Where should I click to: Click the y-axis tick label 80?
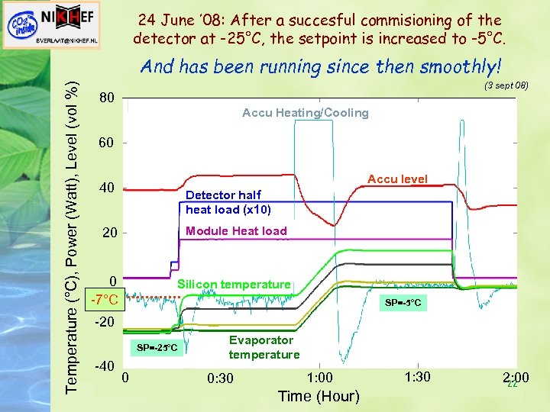coord(108,98)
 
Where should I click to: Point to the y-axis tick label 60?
coord(108,143)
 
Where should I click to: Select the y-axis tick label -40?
coord(105,365)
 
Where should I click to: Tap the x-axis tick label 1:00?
coord(319,378)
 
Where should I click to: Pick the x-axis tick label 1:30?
coord(418,378)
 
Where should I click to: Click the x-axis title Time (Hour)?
coord(319,395)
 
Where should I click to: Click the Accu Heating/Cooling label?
coord(305,113)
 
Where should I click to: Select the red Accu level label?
coord(397,179)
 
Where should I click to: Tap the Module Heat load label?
coord(236,231)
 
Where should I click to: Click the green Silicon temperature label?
coord(234,285)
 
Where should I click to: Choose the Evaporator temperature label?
coord(264,347)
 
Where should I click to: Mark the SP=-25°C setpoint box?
coord(157,348)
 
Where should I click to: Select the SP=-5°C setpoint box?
coord(403,303)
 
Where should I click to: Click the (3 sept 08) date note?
coord(506,85)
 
